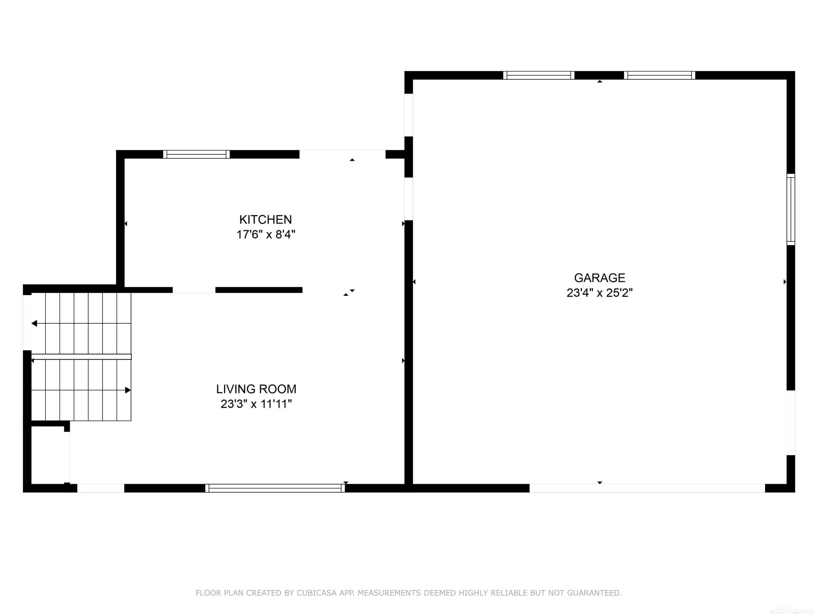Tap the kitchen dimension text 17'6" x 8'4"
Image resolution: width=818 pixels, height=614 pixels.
(x=266, y=234)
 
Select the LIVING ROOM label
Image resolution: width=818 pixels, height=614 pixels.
(x=256, y=389)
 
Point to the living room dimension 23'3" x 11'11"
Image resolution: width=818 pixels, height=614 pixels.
(x=256, y=404)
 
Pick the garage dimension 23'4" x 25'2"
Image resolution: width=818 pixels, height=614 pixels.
(x=599, y=293)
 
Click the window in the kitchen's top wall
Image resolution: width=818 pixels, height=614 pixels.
(x=196, y=154)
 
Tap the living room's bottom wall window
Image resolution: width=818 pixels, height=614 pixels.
(x=275, y=488)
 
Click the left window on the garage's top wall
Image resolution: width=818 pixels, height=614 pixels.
(x=539, y=75)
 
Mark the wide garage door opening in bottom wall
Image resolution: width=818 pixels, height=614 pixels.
(x=647, y=488)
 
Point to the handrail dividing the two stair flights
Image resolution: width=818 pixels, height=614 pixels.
(x=81, y=357)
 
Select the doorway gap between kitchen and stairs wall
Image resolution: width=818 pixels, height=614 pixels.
(x=194, y=290)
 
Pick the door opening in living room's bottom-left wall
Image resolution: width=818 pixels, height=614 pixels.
(x=101, y=488)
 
